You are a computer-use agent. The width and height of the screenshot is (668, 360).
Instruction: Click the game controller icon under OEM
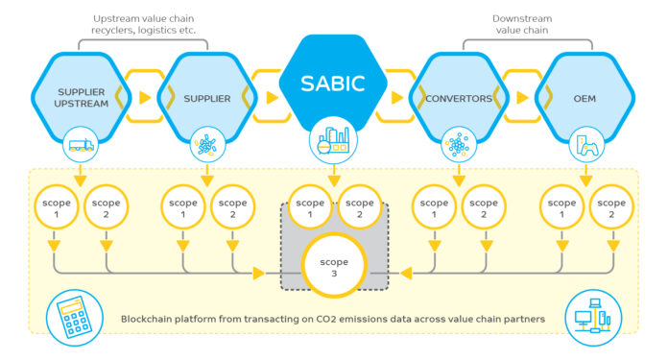tap(586, 146)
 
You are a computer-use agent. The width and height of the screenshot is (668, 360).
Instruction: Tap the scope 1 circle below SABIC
tap(310, 209)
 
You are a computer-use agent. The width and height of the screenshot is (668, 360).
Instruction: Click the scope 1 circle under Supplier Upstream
tap(56, 209)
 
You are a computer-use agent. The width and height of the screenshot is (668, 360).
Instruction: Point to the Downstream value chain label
tap(520, 24)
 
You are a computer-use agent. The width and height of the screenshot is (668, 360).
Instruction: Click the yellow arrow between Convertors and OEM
tap(523, 97)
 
